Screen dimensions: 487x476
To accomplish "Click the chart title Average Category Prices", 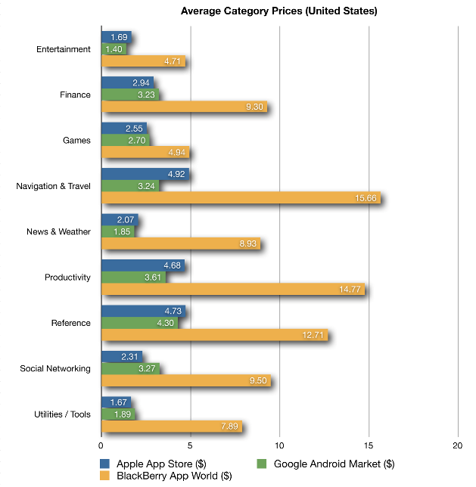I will pos(279,11).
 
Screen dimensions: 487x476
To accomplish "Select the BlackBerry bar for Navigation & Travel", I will pos(241,198).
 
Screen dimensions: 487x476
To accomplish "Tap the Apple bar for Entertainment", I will pos(116,36).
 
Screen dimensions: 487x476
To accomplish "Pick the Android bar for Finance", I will pos(130,95).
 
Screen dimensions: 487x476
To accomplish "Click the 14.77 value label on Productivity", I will pos(352,289).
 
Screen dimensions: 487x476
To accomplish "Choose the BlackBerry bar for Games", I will pos(145,153).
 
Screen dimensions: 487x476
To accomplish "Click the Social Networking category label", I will pos(54,368).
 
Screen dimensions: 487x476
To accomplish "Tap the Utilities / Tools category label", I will pos(62,414).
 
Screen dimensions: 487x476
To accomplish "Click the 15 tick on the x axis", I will pos(369,445).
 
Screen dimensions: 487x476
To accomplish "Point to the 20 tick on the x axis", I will pos(458,445).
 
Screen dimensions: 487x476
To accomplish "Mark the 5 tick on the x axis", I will pos(190,445).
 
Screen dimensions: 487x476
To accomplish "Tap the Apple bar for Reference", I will pos(142,310).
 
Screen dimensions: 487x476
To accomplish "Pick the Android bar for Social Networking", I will pos(130,368).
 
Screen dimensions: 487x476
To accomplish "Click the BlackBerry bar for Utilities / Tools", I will pos(171,426).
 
